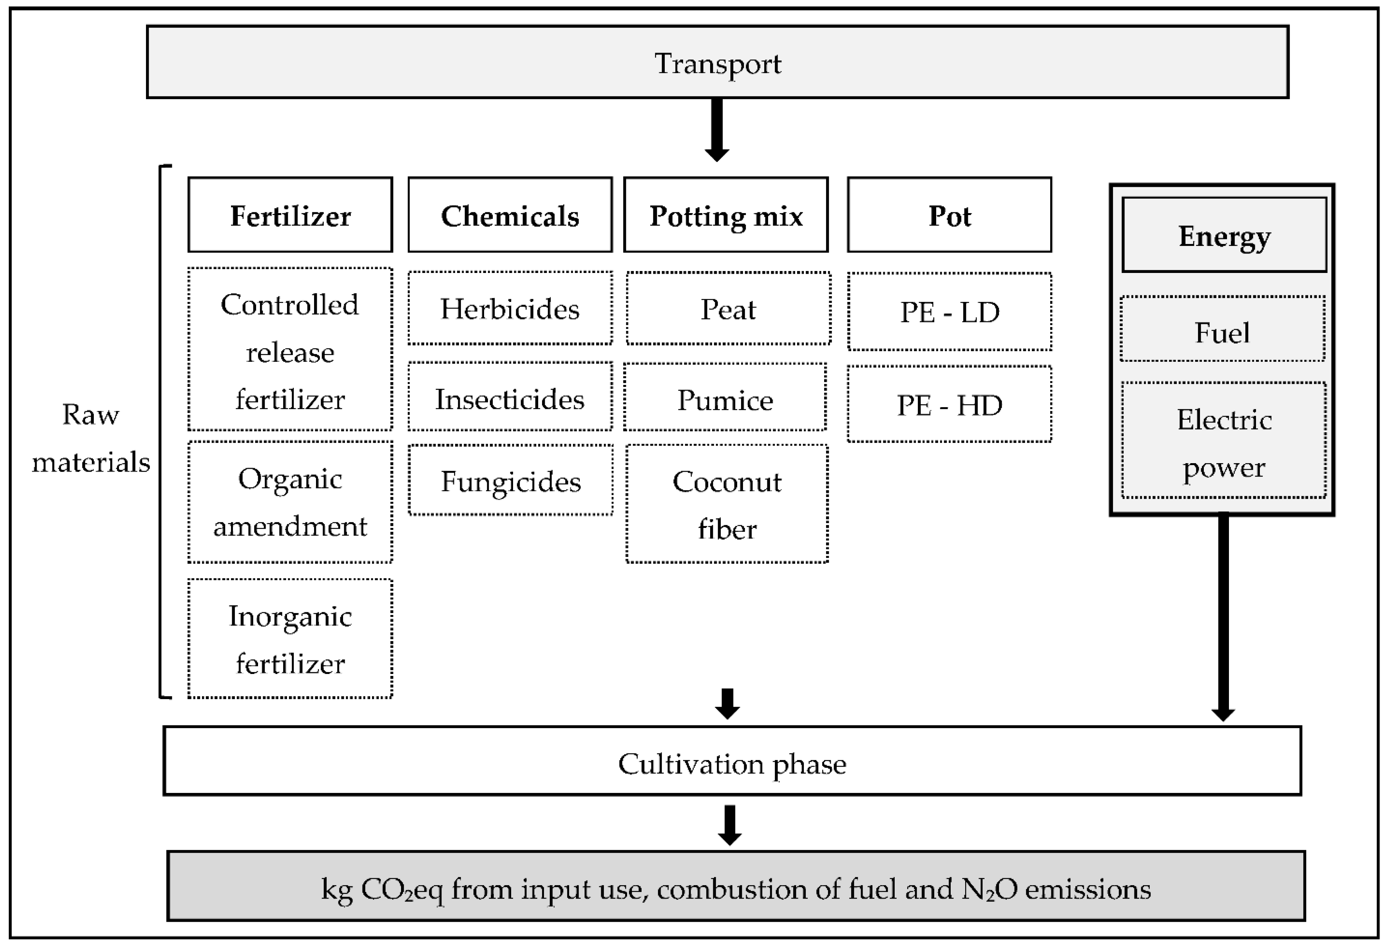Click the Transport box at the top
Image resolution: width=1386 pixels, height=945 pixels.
[x=717, y=62]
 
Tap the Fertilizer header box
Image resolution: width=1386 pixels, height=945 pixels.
[x=290, y=215]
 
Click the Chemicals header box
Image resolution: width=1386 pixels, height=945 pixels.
[x=510, y=215]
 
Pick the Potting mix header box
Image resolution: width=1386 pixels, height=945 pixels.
[x=726, y=215]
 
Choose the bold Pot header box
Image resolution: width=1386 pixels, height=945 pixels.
[x=950, y=215]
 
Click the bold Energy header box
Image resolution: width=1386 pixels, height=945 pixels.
[x=1224, y=235]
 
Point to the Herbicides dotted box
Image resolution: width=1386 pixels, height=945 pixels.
[x=510, y=308]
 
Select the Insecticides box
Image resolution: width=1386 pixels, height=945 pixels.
[x=510, y=397]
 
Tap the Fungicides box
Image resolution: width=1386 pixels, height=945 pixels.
[x=510, y=480]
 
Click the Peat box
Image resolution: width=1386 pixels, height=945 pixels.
[x=728, y=308]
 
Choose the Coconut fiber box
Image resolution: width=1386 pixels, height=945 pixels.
[x=727, y=504]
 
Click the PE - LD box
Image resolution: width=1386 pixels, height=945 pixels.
[x=950, y=311]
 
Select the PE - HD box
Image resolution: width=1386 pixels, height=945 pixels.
[x=950, y=404]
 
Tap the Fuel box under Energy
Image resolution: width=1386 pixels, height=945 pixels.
[x=1222, y=329]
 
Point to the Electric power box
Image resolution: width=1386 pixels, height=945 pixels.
[x=1224, y=441]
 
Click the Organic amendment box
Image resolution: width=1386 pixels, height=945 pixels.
[x=290, y=502]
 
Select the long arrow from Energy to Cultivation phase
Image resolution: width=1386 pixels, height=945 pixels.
[x=1223, y=614]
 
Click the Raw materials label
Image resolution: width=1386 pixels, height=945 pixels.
[x=91, y=438]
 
